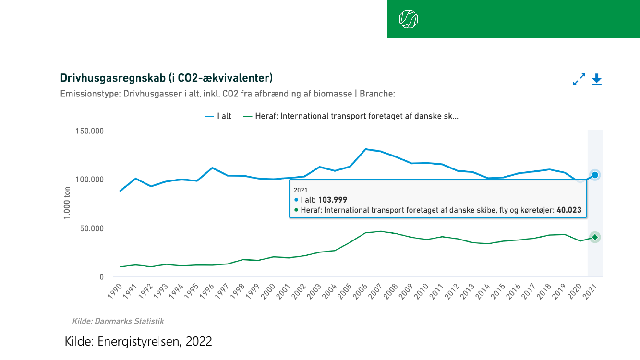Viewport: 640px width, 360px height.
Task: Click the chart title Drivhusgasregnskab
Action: (x=166, y=78)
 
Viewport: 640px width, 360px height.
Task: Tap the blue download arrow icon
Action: (x=596, y=79)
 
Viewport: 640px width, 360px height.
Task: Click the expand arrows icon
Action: (x=580, y=79)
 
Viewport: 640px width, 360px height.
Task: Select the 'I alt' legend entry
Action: (x=218, y=116)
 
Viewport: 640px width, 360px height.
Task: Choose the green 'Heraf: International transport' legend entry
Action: (x=351, y=116)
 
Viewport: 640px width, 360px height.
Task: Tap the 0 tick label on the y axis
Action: (x=101, y=277)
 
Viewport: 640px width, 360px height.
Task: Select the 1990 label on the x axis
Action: (x=115, y=290)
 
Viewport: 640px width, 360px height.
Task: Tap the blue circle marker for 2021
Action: (x=595, y=175)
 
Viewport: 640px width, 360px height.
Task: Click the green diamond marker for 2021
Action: (x=595, y=237)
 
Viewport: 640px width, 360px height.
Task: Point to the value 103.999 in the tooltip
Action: (x=333, y=200)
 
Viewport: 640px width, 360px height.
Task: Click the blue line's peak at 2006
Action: (x=365, y=149)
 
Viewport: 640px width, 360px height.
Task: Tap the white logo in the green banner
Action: (x=408, y=19)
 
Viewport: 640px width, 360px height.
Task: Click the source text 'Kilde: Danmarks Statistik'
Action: (x=118, y=321)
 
